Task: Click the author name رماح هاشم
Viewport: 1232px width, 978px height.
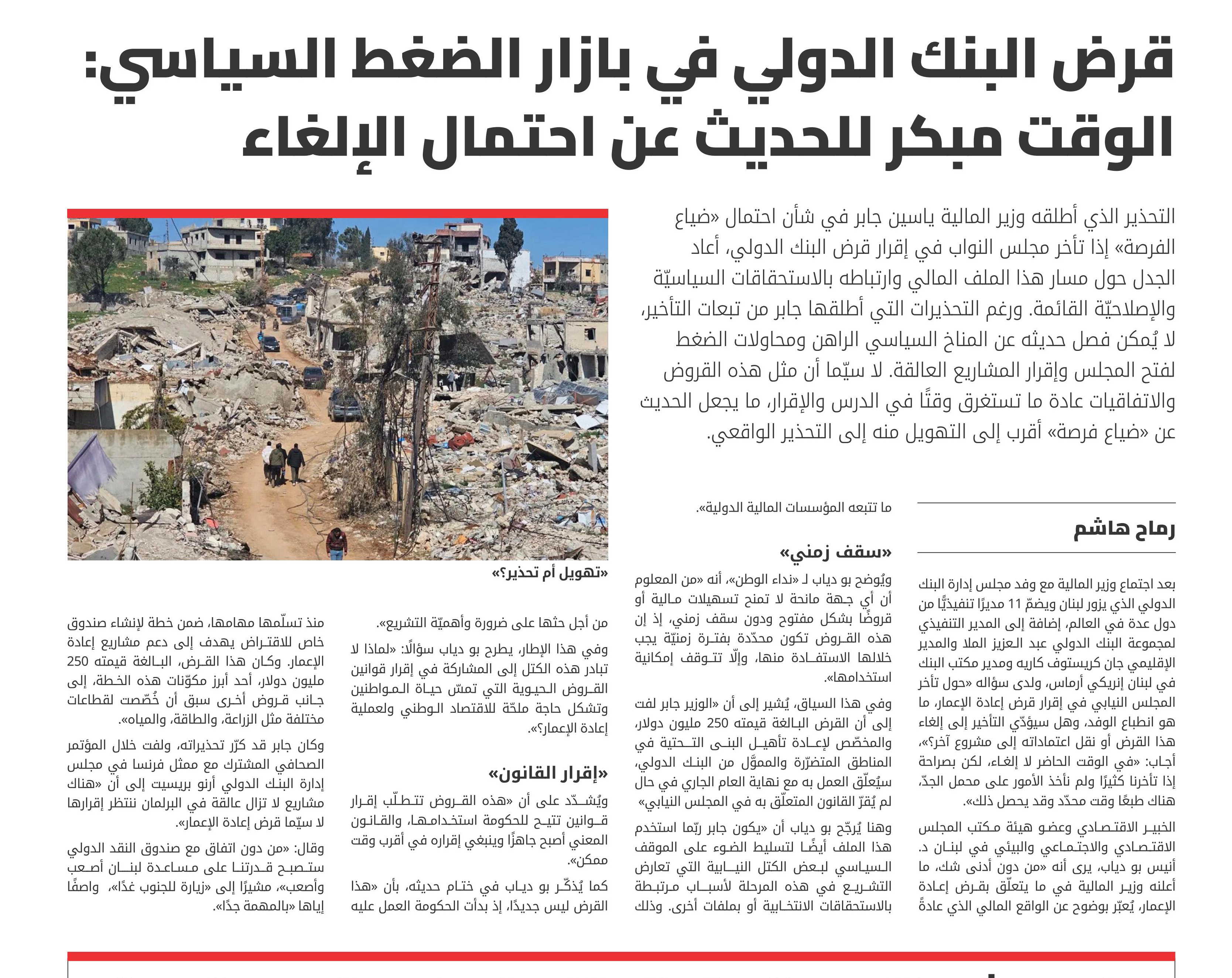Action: point(1124,529)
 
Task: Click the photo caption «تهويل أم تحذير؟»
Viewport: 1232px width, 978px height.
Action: point(550,573)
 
